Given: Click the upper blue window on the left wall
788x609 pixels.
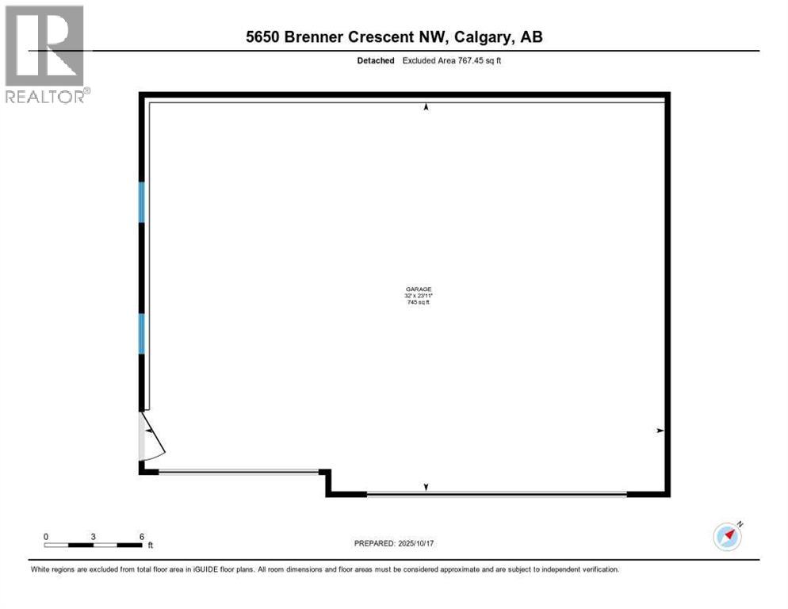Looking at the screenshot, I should pyautogui.click(x=142, y=202).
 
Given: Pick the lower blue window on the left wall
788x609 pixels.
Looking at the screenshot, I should pyautogui.click(x=142, y=333).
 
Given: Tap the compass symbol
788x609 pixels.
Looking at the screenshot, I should pyautogui.click(x=727, y=537).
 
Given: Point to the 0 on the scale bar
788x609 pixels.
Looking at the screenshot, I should pyautogui.click(x=46, y=537).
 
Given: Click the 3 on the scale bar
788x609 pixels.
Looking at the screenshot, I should pyautogui.click(x=94, y=537).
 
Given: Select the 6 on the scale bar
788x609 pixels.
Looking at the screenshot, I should pyautogui.click(x=141, y=537).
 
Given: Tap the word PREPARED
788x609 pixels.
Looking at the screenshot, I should pyautogui.click(x=373, y=543).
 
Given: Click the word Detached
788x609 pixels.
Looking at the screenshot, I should pyautogui.click(x=375, y=60).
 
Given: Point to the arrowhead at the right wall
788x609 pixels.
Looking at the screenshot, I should pyautogui.click(x=660, y=431).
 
